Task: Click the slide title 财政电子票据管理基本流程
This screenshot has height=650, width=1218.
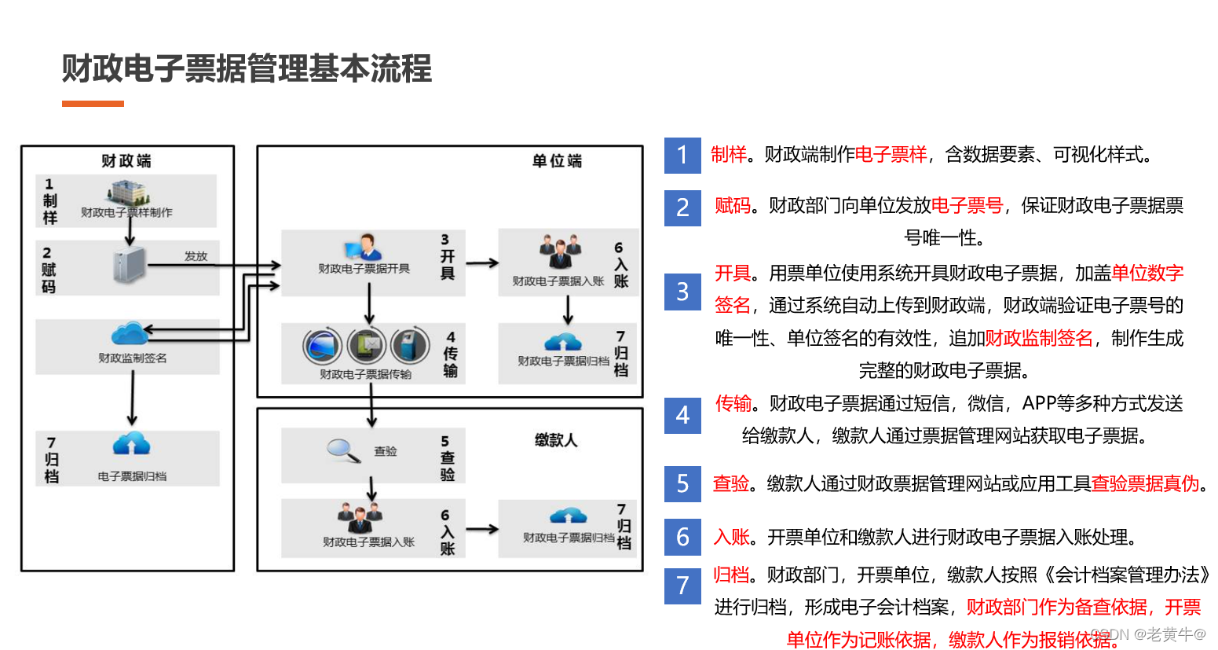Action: point(247,68)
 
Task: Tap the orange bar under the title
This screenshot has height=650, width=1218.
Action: point(93,104)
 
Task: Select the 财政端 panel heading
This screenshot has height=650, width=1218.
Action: point(126,160)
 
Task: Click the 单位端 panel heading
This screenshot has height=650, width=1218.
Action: point(557,160)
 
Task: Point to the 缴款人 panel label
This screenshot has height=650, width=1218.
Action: point(556,440)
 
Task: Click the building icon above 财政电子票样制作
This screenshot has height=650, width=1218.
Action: point(128,193)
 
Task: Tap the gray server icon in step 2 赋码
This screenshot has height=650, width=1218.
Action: point(129,265)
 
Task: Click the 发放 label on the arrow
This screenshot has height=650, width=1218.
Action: point(196,256)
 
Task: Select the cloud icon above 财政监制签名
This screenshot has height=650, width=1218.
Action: point(130,335)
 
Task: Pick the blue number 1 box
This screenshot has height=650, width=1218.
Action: point(682,155)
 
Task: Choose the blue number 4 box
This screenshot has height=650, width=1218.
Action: point(682,414)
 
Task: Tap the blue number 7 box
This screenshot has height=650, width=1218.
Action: point(682,586)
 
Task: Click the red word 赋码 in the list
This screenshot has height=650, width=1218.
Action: point(733,206)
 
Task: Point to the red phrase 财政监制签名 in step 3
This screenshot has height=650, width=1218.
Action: point(1038,338)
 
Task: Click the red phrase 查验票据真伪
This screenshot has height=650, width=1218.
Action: point(1145,483)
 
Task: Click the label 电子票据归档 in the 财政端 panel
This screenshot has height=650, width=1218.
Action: point(132,476)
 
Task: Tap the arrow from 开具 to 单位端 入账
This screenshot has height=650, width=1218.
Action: point(482,263)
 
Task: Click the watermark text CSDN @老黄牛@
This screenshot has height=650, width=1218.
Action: point(1148,633)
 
